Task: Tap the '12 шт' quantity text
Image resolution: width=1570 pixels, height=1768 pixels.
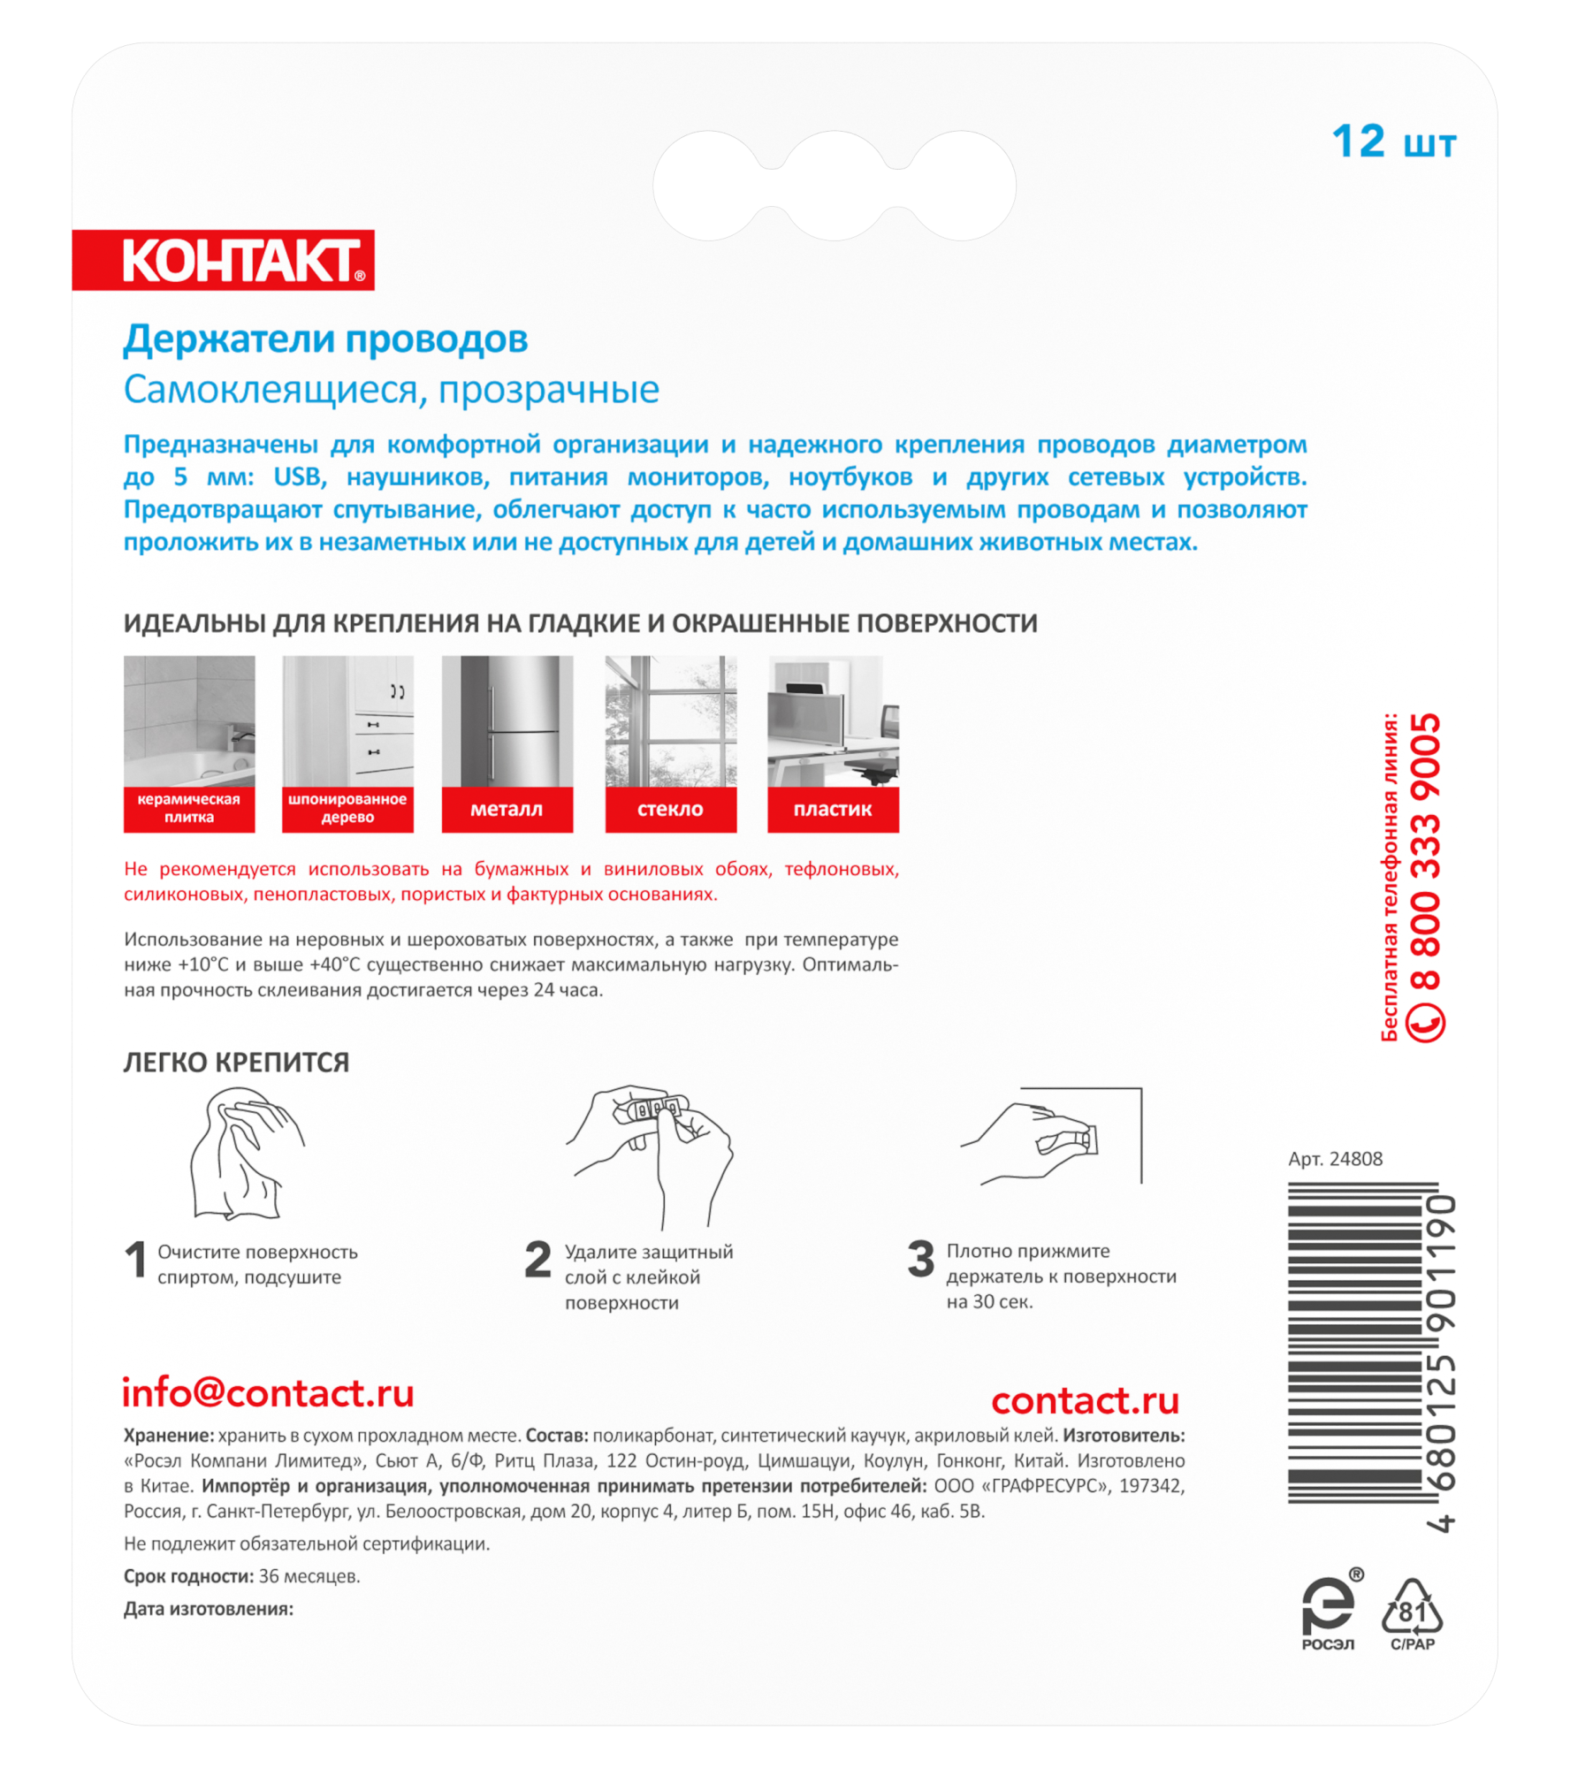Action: (1393, 142)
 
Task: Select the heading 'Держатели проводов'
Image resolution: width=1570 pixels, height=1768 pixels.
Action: (325, 339)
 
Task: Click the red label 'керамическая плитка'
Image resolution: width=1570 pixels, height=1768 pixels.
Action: (189, 809)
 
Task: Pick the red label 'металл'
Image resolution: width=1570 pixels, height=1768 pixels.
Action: (507, 809)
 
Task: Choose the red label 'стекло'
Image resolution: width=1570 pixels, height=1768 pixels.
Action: (670, 809)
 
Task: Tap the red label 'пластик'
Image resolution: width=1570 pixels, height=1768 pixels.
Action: (833, 809)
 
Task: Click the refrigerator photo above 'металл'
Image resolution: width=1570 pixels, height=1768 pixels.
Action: (507, 721)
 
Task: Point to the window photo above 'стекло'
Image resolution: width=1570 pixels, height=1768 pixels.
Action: (670, 721)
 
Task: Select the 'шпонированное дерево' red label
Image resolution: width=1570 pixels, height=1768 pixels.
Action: (347, 809)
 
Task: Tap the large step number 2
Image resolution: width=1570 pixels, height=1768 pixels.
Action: (537, 1260)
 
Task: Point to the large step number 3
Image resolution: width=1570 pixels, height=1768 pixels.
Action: (920, 1259)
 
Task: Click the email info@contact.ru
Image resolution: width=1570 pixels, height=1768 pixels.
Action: (268, 1393)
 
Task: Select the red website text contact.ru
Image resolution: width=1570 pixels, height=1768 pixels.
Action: (1085, 1400)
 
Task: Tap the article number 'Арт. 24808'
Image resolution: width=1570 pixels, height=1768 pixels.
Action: (1335, 1159)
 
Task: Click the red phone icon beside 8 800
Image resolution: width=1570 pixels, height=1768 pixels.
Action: (1424, 1023)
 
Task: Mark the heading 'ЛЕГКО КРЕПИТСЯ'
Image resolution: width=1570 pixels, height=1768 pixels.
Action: (236, 1063)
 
